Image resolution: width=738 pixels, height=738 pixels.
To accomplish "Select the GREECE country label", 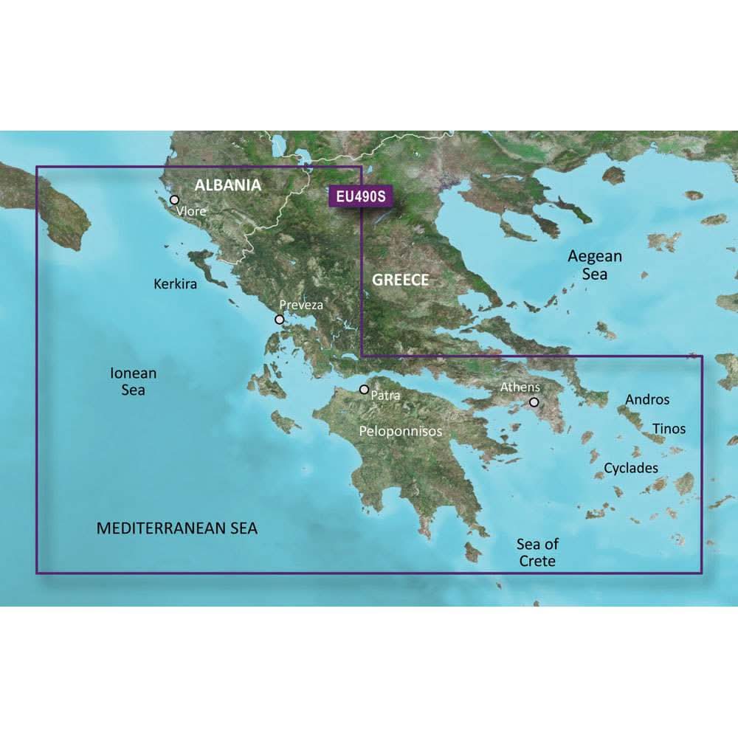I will click(x=400, y=280).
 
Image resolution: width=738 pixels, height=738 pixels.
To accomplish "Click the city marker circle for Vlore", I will click(x=175, y=199).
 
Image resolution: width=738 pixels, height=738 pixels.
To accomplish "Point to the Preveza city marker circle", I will click(x=279, y=320).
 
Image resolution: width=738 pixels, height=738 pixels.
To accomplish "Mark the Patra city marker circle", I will click(x=364, y=389).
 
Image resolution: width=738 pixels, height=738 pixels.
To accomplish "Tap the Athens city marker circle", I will click(x=534, y=403).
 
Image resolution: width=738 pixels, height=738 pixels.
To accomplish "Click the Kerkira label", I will click(x=176, y=283).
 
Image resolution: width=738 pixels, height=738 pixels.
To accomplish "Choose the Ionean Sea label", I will click(x=134, y=382).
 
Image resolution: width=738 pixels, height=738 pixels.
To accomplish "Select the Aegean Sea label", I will click(x=595, y=265).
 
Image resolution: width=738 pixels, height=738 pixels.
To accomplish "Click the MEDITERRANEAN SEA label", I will click(x=177, y=528).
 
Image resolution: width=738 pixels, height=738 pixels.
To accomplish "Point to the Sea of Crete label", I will click(x=537, y=553).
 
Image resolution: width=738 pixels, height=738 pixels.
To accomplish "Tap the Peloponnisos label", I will click(x=400, y=430).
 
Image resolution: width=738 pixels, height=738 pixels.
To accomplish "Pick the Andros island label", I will click(x=647, y=399).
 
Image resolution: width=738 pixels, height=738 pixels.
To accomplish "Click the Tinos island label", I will click(x=669, y=428).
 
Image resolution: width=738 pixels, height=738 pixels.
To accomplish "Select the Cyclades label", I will click(x=631, y=468).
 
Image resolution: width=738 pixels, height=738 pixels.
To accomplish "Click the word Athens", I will click(x=520, y=387).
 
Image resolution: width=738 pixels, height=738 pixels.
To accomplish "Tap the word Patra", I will click(x=386, y=396).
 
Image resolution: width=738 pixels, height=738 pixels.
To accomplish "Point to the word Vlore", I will click(x=191, y=211).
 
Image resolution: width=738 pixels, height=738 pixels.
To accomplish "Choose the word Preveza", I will click(x=301, y=305).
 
